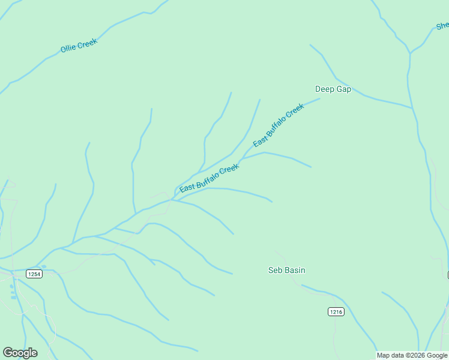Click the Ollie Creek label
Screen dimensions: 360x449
click(79, 46)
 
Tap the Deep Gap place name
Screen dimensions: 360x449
click(333, 89)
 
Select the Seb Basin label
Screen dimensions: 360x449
click(286, 270)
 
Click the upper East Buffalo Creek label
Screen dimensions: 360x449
click(279, 125)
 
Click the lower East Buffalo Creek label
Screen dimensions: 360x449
click(209, 178)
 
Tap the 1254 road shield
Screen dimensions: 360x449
click(34, 274)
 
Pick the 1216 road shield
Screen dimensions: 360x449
click(336, 311)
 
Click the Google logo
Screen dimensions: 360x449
click(20, 353)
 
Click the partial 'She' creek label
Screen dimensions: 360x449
click(442, 26)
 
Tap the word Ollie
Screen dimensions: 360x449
click(68, 49)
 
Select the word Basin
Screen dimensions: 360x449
click(294, 270)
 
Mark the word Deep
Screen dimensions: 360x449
click(325, 89)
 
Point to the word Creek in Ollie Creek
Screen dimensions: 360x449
click(87, 43)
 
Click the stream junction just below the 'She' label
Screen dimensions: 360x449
click(410, 53)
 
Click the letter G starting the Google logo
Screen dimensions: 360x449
click(8, 353)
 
